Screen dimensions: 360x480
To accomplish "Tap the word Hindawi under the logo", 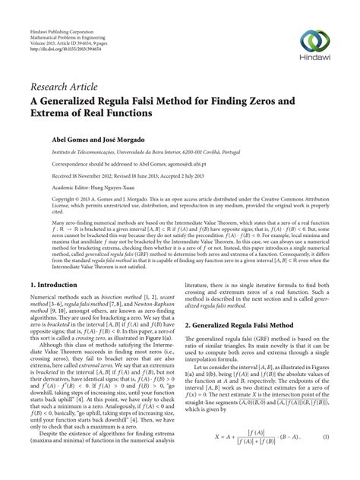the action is tap(317, 62).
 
